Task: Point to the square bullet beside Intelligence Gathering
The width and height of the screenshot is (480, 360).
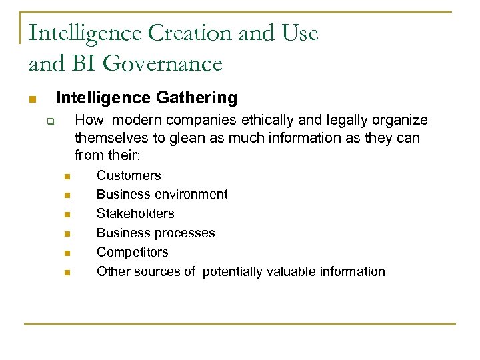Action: [31, 99]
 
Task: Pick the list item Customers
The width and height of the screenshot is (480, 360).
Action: [129, 175]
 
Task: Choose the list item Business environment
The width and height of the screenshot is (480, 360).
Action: [162, 195]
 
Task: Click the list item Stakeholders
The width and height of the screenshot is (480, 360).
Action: [135, 214]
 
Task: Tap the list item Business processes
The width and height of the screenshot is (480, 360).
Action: [156, 233]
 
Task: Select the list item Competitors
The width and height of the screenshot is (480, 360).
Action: [133, 253]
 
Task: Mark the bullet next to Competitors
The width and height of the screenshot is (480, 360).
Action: [67, 253]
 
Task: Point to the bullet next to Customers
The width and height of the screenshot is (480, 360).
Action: [67, 177]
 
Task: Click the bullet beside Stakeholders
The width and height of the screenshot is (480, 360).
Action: [67, 215]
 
